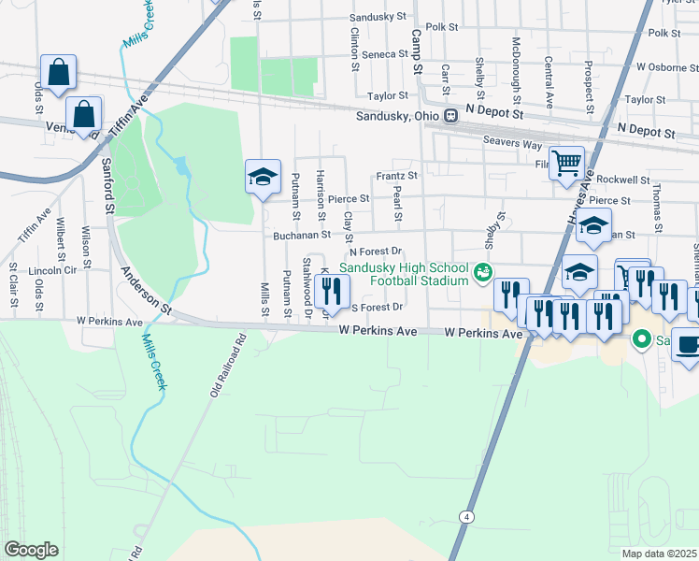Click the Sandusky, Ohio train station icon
(x=450, y=116)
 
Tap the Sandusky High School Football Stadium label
(x=403, y=274)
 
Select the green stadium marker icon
(x=482, y=273)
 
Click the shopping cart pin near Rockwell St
(x=566, y=164)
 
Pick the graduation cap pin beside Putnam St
(x=264, y=176)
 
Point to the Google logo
(x=31, y=550)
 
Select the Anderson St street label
(x=147, y=290)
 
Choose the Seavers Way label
(x=512, y=144)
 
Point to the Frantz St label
(x=395, y=176)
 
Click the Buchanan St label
(x=298, y=237)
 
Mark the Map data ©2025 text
(x=660, y=554)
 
